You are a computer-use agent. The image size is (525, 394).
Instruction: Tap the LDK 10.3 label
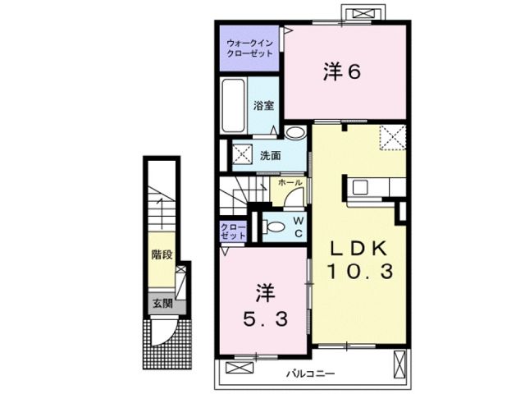[359, 259]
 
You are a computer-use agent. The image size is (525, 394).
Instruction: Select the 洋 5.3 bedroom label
[264, 306]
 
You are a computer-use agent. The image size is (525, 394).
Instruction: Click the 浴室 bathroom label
[263, 106]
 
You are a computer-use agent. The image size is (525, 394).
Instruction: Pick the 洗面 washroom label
[272, 155]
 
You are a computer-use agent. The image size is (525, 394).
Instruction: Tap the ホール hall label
[290, 183]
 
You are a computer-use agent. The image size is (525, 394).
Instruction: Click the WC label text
[299, 227]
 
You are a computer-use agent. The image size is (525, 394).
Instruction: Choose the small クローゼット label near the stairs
[233, 231]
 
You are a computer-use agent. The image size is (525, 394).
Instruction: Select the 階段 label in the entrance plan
[161, 254]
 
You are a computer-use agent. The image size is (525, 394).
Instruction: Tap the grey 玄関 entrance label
[161, 303]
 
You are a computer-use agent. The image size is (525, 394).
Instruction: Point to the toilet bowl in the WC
[276, 226]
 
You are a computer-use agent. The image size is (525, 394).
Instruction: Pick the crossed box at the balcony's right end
[399, 361]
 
